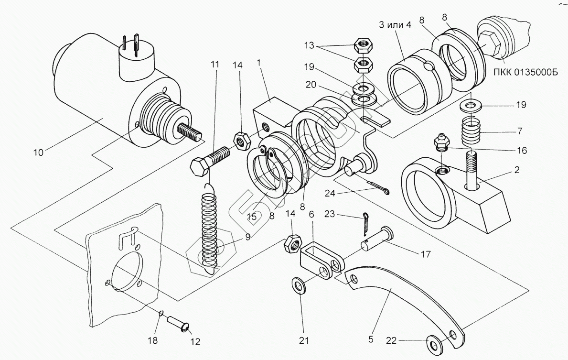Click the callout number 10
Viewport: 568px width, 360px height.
click(38, 153)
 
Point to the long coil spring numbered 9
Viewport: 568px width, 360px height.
click(209, 229)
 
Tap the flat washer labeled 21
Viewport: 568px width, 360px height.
click(300, 286)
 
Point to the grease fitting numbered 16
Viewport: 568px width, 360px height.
click(440, 143)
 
